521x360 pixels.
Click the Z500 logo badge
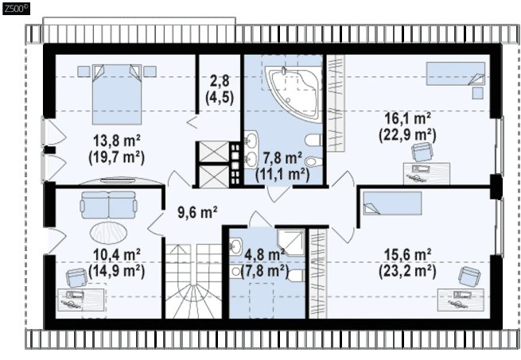point(16,8)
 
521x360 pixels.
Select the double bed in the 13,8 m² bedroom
point(117,95)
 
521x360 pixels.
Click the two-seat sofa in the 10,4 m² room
point(108,204)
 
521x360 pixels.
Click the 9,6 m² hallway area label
point(197,212)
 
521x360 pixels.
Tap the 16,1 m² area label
point(408,118)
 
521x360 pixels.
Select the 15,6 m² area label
point(408,255)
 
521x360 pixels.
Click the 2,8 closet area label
point(220,81)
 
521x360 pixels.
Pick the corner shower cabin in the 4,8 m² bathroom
point(291,242)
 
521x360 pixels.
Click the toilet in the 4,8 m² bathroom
point(297,276)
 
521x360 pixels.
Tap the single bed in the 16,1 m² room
point(456,73)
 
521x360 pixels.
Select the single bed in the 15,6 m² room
point(392,203)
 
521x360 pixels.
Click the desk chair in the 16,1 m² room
point(422,152)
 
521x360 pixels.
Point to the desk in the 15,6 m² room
point(461,300)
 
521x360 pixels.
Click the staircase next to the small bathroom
point(194,281)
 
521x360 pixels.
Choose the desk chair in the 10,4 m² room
point(77,277)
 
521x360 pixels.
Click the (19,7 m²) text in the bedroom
point(117,157)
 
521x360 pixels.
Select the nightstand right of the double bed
point(150,72)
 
